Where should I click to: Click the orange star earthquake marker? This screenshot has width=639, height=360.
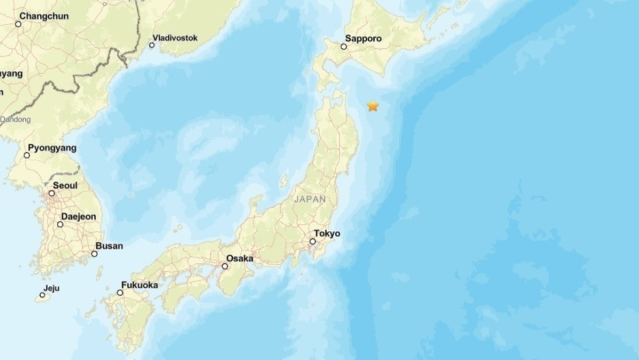click(373, 106)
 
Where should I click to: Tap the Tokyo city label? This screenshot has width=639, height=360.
click(327, 233)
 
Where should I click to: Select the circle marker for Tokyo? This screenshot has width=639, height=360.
click(313, 241)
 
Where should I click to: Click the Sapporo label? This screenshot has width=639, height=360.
click(363, 38)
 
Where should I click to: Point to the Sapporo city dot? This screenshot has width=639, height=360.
click(343, 46)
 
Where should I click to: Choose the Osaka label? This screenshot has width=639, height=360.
click(240, 258)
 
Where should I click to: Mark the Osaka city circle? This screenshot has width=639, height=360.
click(224, 266)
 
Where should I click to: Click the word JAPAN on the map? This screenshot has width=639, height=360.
click(310, 199)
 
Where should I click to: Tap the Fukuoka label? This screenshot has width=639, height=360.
click(139, 285)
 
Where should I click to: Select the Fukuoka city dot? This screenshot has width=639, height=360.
click(120, 292)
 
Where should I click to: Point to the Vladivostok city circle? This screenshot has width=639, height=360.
click(152, 45)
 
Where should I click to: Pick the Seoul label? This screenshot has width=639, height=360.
click(65, 185)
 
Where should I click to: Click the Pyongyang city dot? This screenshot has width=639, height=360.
click(27, 155)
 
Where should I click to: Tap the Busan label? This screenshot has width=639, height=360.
click(109, 246)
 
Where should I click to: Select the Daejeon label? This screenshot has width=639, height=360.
click(79, 216)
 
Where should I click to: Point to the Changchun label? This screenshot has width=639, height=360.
click(44, 16)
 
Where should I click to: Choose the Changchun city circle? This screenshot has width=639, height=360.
click(18, 24)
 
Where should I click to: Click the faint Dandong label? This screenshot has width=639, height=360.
click(16, 119)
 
